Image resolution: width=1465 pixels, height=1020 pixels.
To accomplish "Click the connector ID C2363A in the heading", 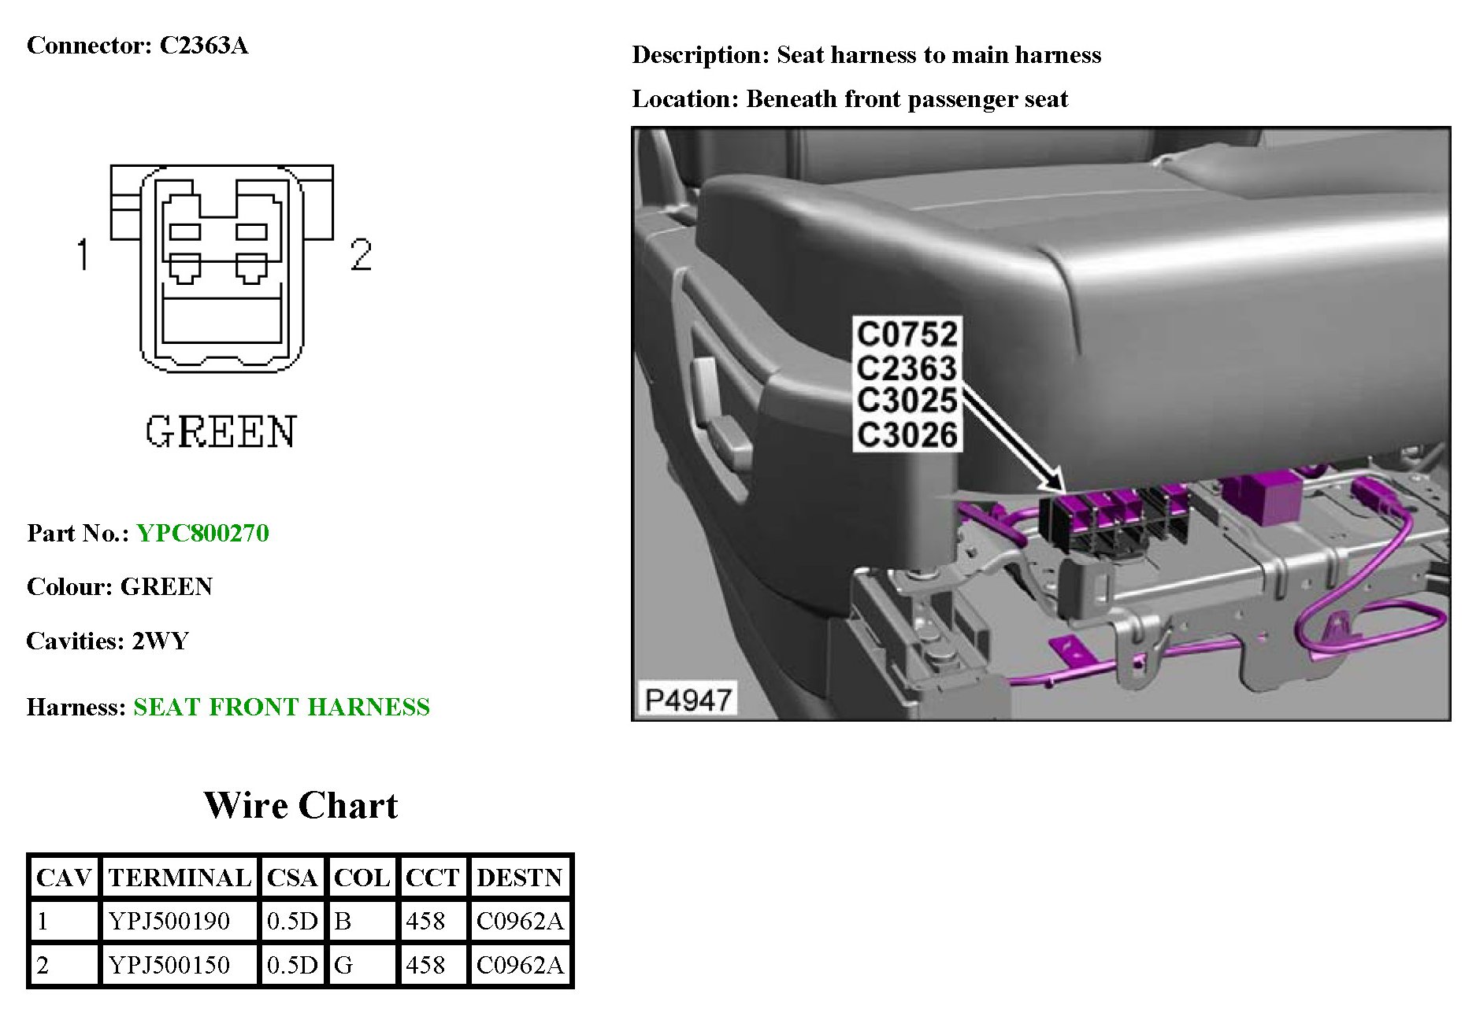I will (x=204, y=46).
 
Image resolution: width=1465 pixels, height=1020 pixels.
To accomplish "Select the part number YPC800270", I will (x=202, y=534).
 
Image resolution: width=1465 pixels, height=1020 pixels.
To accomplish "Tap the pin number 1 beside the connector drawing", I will (x=83, y=254).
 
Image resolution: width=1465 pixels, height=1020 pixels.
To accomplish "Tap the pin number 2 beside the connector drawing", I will (x=361, y=255).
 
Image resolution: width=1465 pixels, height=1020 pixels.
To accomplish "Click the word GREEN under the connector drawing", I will (x=221, y=432).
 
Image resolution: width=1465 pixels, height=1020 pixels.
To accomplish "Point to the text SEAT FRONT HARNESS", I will (x=281, y=707).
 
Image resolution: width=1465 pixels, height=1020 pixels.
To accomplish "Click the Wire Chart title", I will (x=300, y=805).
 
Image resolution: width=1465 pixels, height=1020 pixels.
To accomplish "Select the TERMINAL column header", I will (x=180, y=878).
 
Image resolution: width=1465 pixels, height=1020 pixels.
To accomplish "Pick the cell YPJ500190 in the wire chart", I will (x=169, y=921).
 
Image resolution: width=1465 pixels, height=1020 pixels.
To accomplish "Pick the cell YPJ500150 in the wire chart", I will (x=169, y=965).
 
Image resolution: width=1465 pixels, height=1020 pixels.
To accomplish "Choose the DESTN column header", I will (x=519, y=878).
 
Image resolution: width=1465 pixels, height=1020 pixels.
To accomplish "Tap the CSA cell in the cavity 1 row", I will (x=292, y=921).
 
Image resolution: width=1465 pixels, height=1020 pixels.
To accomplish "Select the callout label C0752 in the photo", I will (x=907, y=334).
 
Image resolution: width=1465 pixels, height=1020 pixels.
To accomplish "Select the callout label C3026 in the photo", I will (x=907, y=434).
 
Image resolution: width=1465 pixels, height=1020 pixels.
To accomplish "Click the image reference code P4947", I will (x=687, y=699).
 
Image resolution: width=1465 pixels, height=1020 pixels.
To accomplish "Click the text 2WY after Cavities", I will (x=161, y=641).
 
